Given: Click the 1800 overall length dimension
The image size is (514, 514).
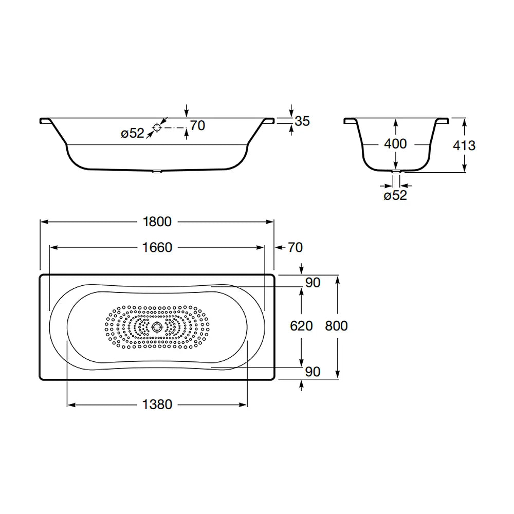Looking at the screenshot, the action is point(157,222).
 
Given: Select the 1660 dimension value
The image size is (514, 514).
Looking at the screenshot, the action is point(157,248).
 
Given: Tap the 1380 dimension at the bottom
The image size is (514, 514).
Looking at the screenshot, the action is point(157,405).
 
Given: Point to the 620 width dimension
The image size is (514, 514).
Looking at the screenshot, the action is point(301,326).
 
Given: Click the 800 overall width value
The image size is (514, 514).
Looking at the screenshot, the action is point(336,326).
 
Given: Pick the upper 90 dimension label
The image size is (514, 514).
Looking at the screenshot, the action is point(313,283).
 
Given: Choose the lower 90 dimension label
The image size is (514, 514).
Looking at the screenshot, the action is point(313,372).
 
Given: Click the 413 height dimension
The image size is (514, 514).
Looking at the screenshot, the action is point(464,145).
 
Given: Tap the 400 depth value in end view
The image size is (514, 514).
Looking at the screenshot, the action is point(395,144).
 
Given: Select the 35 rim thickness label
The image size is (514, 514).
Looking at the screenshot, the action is point(302,121).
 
